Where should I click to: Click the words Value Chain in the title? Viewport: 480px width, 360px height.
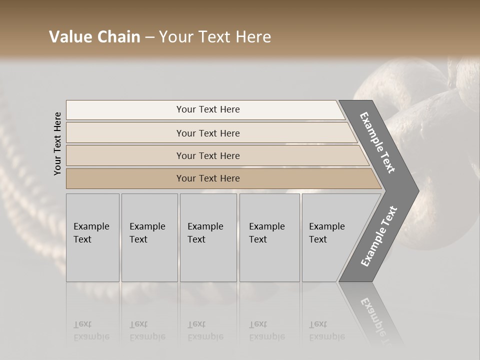click(x=94, y=37)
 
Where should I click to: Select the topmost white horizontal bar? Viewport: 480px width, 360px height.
click(x=125, y=109)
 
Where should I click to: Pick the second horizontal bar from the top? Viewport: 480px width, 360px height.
click(x=125, y=133)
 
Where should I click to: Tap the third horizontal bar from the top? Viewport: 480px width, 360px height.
click(x=125, y=155)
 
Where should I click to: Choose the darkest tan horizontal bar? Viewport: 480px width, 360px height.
click(x=125, y=178)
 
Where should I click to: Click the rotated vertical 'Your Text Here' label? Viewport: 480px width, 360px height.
click(x=57, y=144)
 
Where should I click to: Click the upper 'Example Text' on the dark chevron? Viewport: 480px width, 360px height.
click(x=377, y=142)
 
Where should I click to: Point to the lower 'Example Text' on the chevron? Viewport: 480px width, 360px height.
click(x=379, y=236)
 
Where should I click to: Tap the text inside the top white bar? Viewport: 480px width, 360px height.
click(x=208, y=109)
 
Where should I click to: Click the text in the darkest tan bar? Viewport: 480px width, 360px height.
click(x=208, y=178)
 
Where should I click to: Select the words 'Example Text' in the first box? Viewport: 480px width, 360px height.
click(x=91, y=233)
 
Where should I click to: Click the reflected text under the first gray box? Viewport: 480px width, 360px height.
click(x=91, y=330)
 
